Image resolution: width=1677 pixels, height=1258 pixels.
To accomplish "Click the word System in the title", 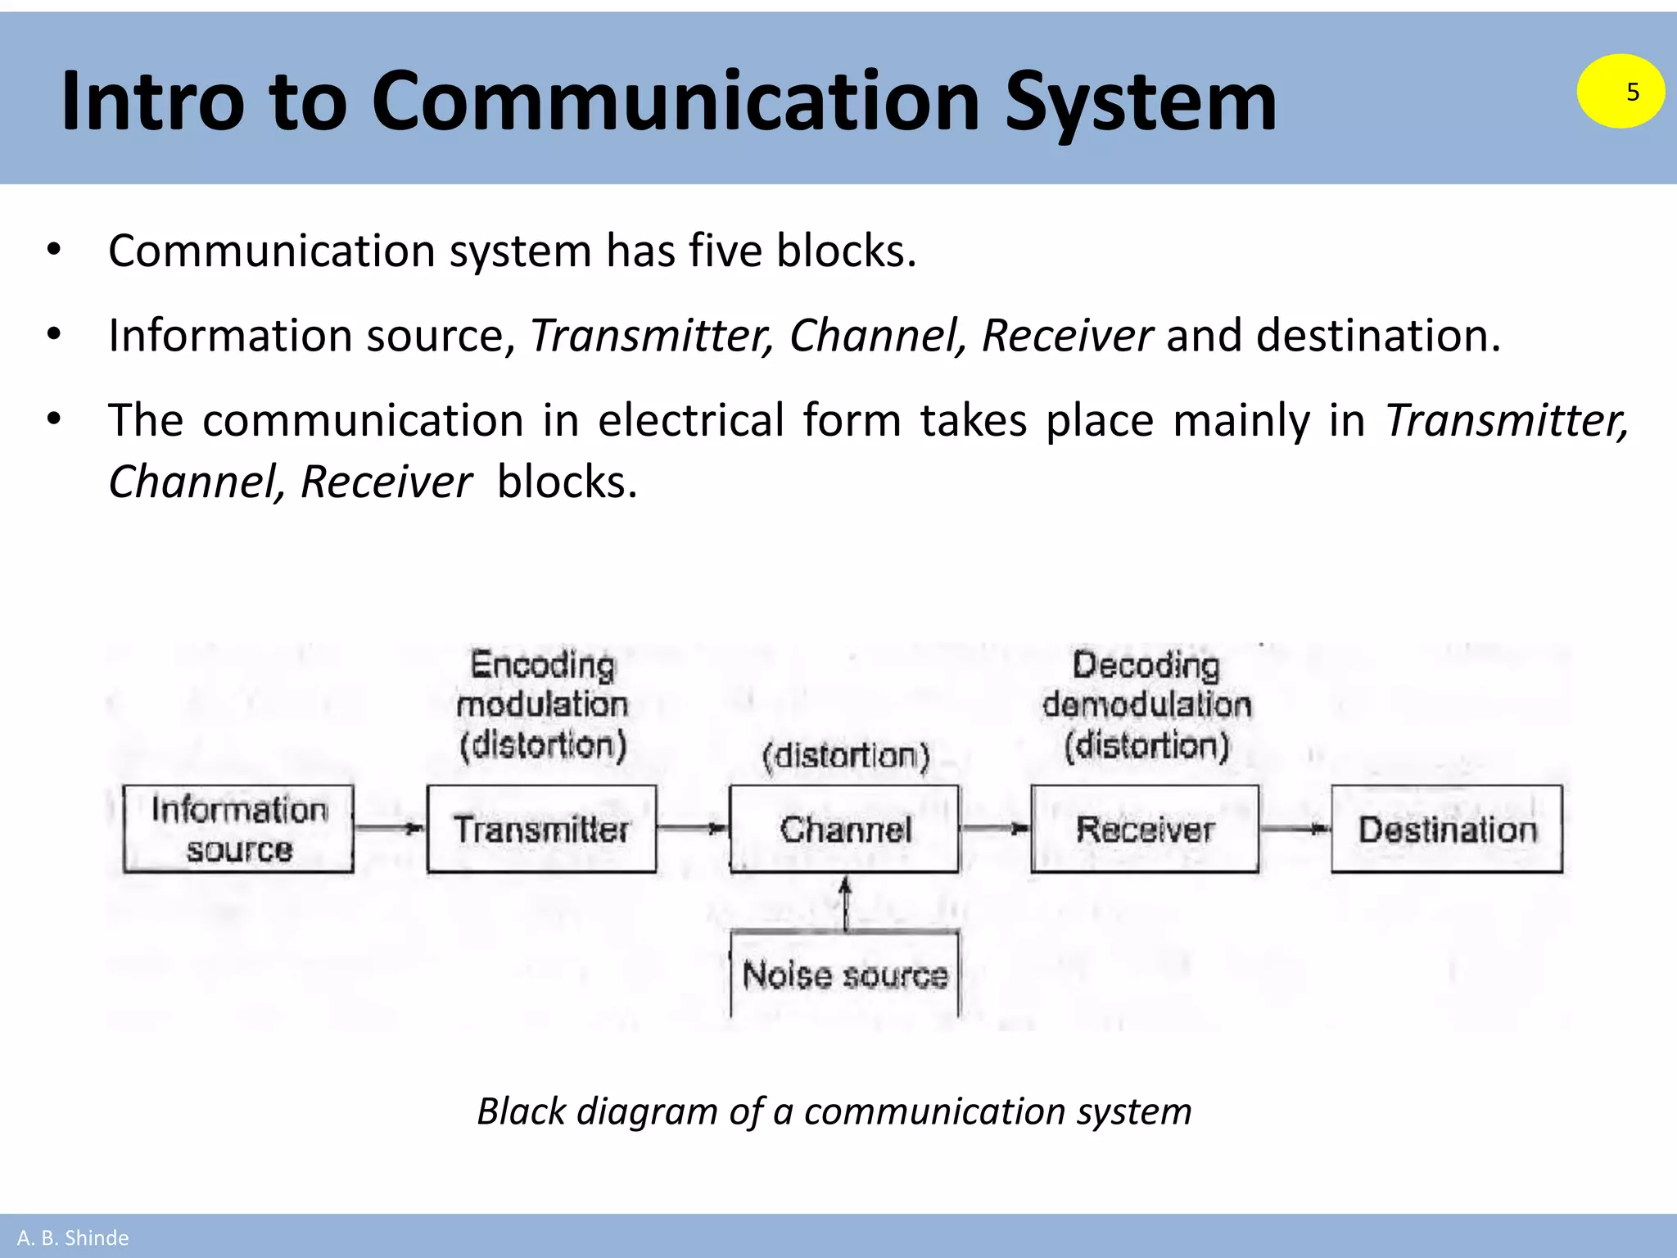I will [1140, 102].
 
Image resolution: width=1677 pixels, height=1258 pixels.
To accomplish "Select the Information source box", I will [238, 829].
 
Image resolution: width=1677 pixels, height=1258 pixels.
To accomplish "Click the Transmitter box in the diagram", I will [541, 829].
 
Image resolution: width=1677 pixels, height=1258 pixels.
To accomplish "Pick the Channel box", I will [844, 829].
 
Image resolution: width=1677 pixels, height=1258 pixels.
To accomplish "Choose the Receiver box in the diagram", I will [1145, 829].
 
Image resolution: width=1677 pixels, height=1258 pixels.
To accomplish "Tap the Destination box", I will [1447, 829].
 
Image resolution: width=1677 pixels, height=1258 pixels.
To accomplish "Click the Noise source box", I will [844, 975].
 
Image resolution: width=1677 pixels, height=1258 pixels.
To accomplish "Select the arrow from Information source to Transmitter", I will [390, 829].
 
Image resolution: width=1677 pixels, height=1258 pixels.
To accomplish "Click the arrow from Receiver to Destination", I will [1295, 829].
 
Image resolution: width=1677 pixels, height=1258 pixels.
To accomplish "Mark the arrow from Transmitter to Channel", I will [693, 829].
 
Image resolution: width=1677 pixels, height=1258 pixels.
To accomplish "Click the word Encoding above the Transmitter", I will [542, 665].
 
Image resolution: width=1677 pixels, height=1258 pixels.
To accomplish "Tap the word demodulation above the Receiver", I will [1146, 705].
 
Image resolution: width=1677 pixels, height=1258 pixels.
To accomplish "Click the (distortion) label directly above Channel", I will [846, 756].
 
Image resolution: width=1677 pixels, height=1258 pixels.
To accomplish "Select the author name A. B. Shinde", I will [73, 1238].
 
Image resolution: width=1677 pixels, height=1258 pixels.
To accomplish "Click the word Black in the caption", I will [521, 1111].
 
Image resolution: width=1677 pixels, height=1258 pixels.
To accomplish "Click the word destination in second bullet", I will [1378, 336].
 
